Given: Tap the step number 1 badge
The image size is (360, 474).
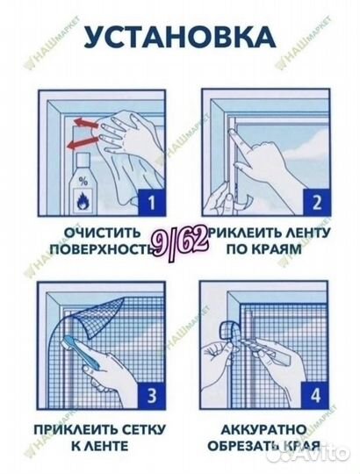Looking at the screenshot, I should [x=151, y=205].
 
